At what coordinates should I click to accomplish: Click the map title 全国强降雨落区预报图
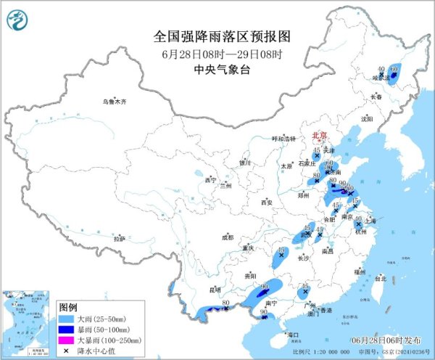(212, 35)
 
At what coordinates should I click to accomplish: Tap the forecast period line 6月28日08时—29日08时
(212, 53)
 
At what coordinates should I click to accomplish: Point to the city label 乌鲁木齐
(114, 102)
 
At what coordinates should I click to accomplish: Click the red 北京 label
(319, 136)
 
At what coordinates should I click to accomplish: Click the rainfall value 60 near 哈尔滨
(394, 68)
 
